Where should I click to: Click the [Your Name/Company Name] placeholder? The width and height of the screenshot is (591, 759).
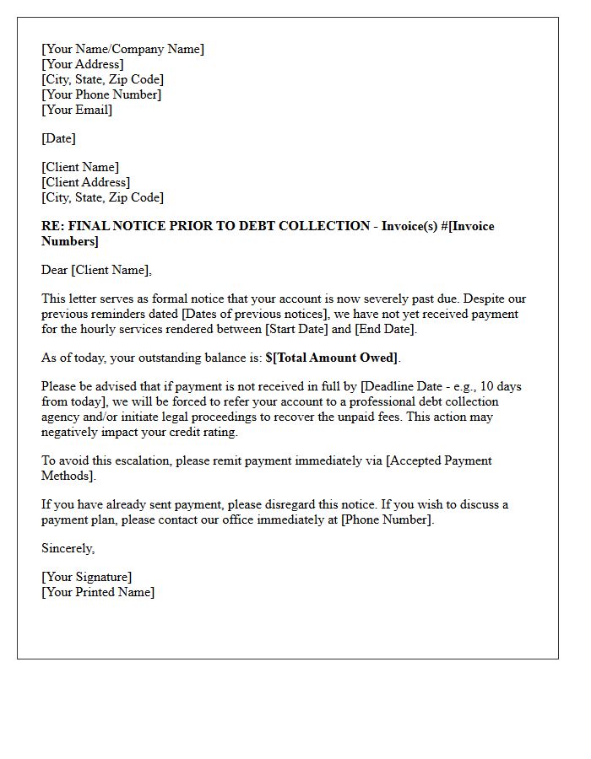[x=122, y=49]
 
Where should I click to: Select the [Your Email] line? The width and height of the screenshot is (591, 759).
[x=77, y=110]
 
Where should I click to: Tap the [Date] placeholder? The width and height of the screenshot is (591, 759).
[x=58, y=138]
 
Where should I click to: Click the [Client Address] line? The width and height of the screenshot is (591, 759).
[x=85, y=182]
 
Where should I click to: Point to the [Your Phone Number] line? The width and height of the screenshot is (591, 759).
[x=101, y=94]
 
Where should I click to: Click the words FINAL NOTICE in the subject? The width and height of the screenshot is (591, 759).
[x=110, y=226]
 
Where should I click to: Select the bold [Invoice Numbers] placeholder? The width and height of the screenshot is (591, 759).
[x=70, y=241]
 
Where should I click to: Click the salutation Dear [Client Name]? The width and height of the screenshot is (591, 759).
[x=96, y=270]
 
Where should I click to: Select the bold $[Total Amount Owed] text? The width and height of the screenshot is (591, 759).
[x=332, y=358]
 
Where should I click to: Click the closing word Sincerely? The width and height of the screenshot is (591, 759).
[x=68, y=548]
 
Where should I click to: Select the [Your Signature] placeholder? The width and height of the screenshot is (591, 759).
[x=86, y=577]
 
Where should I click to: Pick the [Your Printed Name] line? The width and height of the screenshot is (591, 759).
[x=98, y=592]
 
